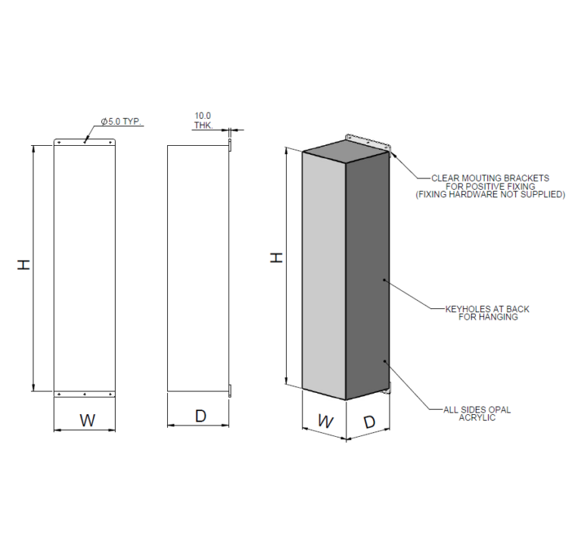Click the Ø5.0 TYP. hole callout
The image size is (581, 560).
[122, 122]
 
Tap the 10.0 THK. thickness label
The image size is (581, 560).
[202, 121]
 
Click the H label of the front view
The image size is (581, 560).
[25, 265]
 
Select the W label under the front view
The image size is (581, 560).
[88, 421]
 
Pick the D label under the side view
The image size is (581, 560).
[200, 416]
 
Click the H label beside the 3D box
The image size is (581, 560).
[277, 258]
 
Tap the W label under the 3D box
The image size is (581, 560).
[325, 421]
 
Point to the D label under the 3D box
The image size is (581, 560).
[368, 422]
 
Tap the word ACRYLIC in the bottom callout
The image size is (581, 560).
[477, 417]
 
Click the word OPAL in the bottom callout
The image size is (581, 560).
[499, 410]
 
